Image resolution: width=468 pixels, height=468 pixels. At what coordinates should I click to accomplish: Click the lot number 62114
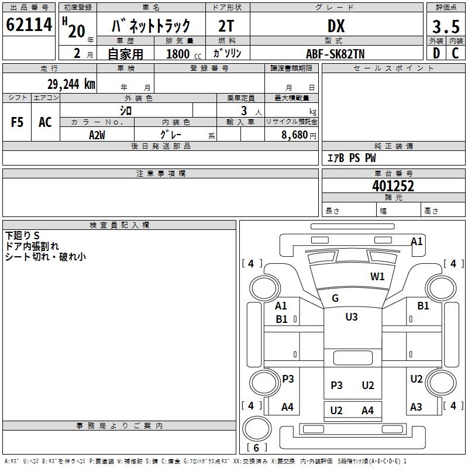29,25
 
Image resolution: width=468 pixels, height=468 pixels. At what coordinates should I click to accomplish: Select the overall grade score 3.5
445,27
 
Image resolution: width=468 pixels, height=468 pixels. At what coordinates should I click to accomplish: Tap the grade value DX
336,26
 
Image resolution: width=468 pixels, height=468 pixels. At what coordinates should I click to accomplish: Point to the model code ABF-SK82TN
335,54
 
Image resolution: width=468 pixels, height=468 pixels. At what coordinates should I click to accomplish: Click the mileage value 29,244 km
71,84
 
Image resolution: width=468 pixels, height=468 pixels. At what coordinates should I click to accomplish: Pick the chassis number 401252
393,186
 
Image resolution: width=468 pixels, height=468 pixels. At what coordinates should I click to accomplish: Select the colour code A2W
97,134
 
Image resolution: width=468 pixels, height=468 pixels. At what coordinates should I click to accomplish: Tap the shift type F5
18,122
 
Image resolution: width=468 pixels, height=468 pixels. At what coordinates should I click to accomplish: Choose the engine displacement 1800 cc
181,54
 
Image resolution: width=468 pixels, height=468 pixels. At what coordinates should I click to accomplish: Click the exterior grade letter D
436,53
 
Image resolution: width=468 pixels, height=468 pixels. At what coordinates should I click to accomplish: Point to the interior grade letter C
455,53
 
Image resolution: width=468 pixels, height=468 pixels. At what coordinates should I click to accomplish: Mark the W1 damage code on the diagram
377,277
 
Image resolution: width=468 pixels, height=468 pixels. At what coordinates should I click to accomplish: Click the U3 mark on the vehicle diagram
351,316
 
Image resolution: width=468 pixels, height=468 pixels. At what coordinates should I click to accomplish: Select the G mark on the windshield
335,298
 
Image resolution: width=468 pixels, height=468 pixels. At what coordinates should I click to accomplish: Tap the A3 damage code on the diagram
416,407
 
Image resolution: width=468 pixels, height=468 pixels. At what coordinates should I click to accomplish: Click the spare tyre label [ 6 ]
256,448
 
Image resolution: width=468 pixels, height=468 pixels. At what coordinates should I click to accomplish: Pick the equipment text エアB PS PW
352,158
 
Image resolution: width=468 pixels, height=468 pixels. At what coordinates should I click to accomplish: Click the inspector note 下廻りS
22,236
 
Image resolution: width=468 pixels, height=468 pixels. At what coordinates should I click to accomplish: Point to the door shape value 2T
227,26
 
